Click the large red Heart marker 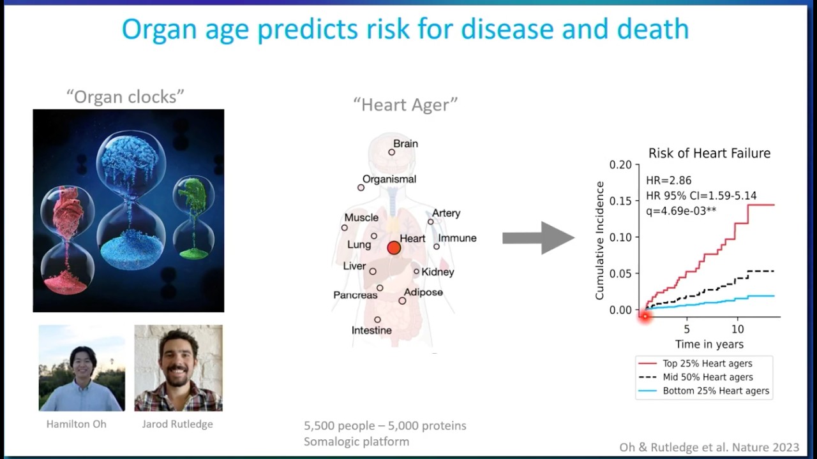click(x=394, y=248)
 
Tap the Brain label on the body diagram click(x=405, y=144)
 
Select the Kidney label click(x=438, y=272)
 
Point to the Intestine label click(x=371, y=330)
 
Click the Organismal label click(x=389, y=179)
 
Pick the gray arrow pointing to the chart click(x=537, y=238)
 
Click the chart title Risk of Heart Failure click(x=709, y=154)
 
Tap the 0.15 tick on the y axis click(x=620, y=201)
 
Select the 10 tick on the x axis click(x=737, y=330)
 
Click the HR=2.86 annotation click(x=668, y=180)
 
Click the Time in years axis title click(x=709, y=344)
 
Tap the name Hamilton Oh click(x=76, y=424)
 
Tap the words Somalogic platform click(x=356, y=441)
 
